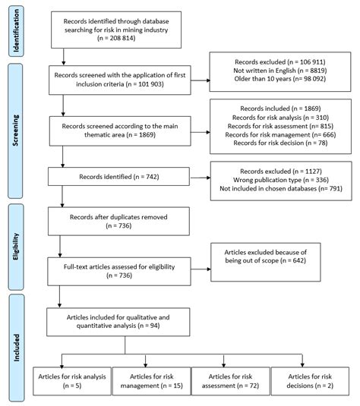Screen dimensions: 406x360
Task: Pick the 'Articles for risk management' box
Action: pos(150,382)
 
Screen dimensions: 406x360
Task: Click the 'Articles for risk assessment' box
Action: pos(227,382)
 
